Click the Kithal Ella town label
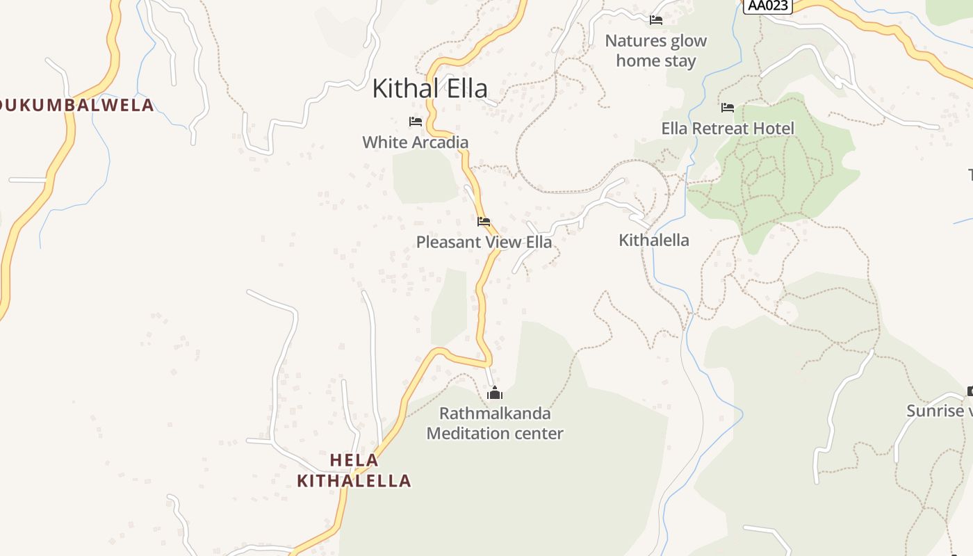point(430,88)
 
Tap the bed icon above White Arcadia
point(416,122)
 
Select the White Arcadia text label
point(416,142)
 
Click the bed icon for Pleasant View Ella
point(484,222)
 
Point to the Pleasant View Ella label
point(484,242)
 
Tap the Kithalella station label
point(654,240)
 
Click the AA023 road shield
point(767,6)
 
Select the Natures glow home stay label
point(655,51)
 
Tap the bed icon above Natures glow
point(655,20)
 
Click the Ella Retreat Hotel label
point(728,129)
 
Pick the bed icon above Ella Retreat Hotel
point(728,108)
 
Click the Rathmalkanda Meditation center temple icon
point(495,393)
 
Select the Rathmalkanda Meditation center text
point(495,423)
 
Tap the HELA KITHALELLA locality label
point(354,471)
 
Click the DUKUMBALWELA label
point(76,106)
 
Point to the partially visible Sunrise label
point(939,411)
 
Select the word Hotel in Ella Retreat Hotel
point(773,129)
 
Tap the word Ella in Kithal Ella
point(464,88)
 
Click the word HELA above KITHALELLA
point(354,460)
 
